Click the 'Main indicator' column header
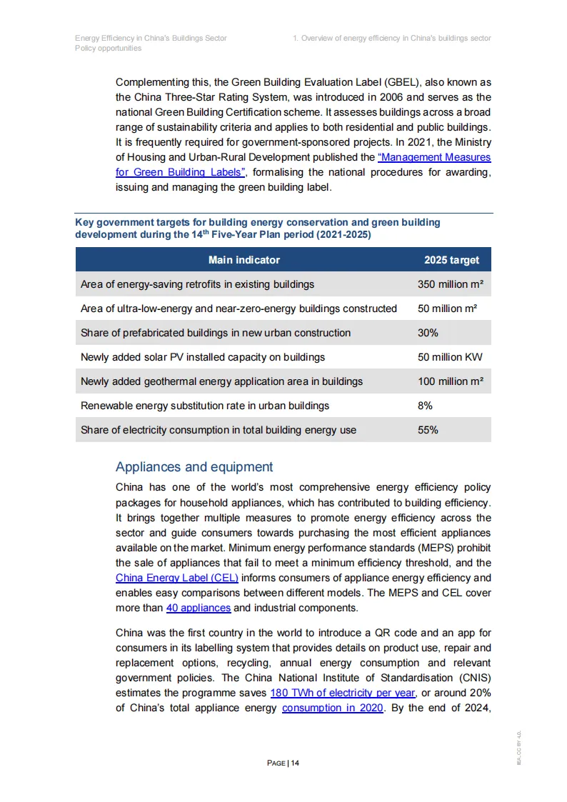click(x=244, y=260)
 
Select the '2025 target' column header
click(x=451, y=260)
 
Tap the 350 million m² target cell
click(x=450, y=284)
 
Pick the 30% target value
click(x=428, y=333)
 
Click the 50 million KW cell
click(x=450, y=357)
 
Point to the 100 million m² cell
click(x=450, y=381)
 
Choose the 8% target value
click(x=425, y=406)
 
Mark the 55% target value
click(x=428, y=430)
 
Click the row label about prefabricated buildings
click(x=216, y=333)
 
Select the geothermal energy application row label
click(x=221, y=381)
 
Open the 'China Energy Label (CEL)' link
click(x=176, y=578)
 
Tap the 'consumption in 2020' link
click(x=333, y=708)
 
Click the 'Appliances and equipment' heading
click(x=194, y=467)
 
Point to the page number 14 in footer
click(x=295, y=763)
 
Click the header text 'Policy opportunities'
click(x=109, y=48)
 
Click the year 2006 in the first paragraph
click(x=361, y=97)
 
